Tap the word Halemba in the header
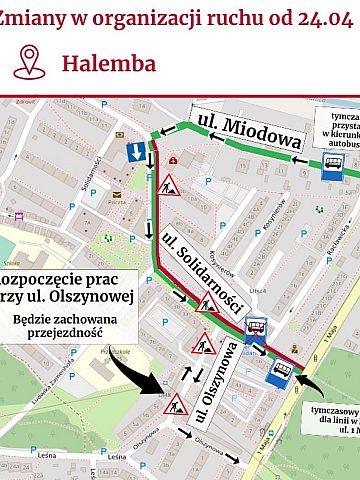[x=108, y=63]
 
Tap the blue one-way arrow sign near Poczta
[x=134, y=153]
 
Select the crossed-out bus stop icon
[x=255, y=327]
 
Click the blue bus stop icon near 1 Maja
[x=282, y=375]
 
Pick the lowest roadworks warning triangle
[x=177, y=405]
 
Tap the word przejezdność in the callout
[x=61, y=337]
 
